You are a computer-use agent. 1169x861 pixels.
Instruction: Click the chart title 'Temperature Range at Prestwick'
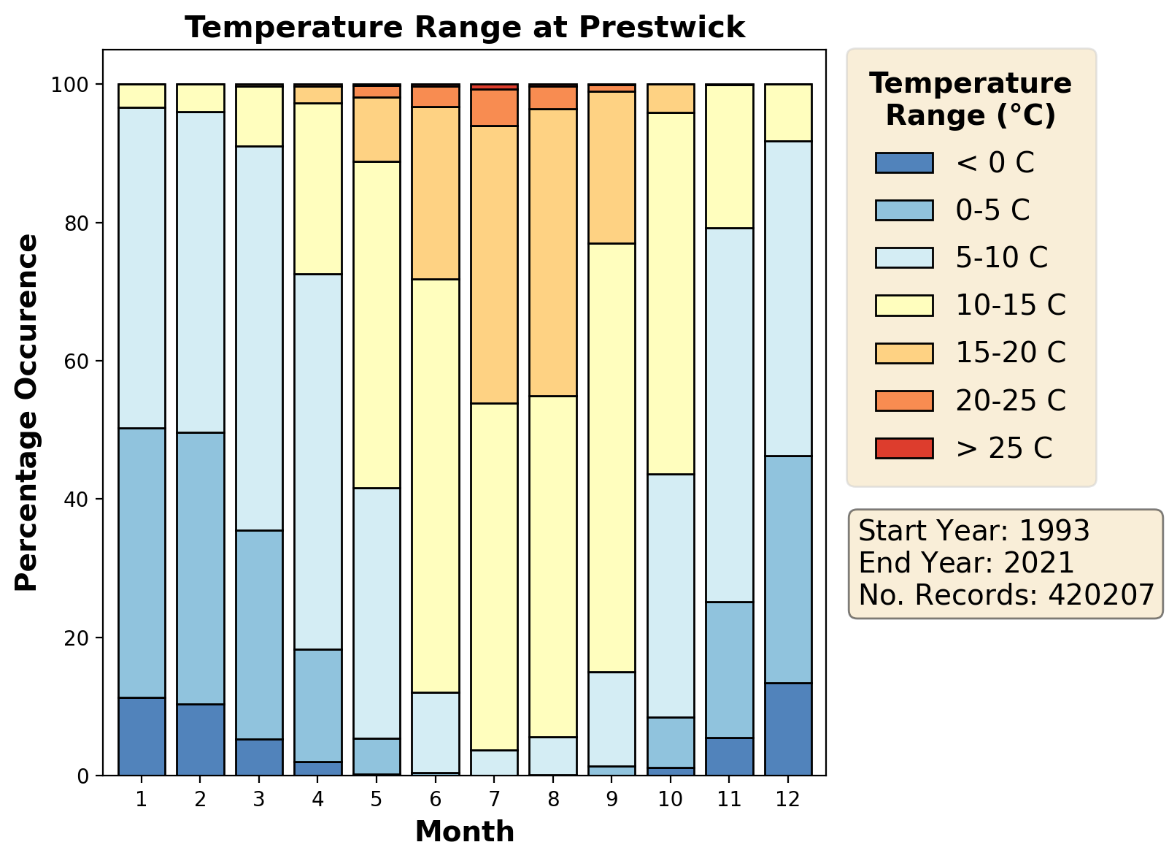coord(465,28)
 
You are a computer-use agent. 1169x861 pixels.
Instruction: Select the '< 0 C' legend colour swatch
coord(904,163)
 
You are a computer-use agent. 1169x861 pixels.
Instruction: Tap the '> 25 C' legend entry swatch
coord(904,448)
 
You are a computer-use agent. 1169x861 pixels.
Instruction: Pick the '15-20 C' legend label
coord(1011,353)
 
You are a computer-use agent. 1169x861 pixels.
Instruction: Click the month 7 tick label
coord(494,800)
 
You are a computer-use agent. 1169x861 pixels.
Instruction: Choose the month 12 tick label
coord(788,800)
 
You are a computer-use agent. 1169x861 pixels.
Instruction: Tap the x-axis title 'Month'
coord(465,832)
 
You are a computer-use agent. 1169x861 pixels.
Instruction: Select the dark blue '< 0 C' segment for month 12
coord(788,729)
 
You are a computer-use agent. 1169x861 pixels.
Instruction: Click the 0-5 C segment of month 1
coord(142,562)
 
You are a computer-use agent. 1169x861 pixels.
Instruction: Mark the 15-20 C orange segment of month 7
coord(494,264)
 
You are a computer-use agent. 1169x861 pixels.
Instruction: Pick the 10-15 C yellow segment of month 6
coord(436,486)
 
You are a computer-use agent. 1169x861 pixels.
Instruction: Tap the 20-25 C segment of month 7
coord(494,107)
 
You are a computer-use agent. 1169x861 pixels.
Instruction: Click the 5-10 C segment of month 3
coord(259,338)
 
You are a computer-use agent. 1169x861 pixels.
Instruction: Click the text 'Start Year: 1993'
coord(974,531)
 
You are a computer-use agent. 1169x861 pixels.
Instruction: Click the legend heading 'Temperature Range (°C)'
coord(971,99)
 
